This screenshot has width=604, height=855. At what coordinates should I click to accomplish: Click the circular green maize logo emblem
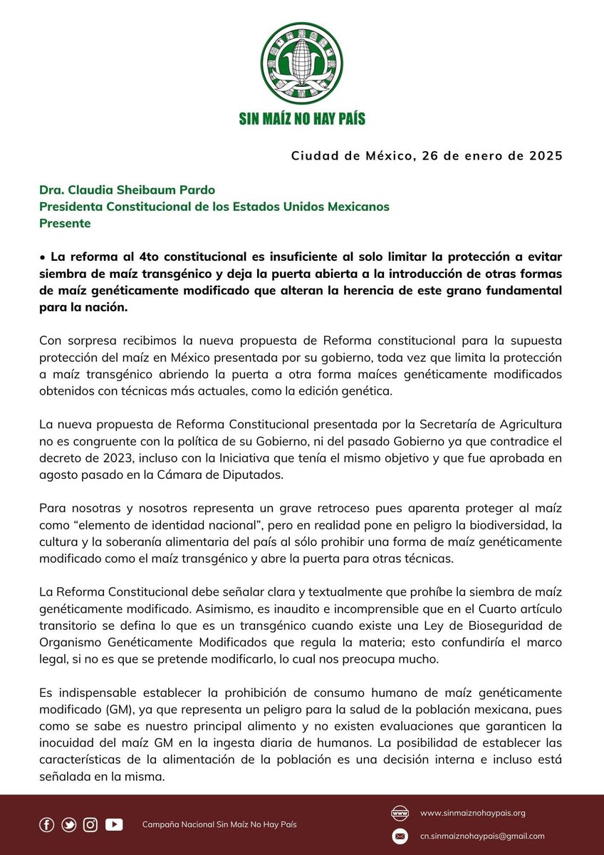[x=302, y=63]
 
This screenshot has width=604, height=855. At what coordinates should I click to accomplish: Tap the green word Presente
[x=65, y=222]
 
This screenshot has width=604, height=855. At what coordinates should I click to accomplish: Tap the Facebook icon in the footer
[x=47, y=824]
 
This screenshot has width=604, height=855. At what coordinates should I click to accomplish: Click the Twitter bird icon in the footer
[x=69, y=824]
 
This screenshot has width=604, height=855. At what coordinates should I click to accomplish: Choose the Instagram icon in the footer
[x=90, y=824]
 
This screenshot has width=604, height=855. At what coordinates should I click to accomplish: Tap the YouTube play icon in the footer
[x=114, y=824]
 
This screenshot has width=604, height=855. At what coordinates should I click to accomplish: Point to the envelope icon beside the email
[x=401, y=836]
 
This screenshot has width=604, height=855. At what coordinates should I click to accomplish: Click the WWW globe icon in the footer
[x=401, y=812]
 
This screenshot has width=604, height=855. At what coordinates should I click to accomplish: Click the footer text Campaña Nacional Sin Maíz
[x=207, y=824]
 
